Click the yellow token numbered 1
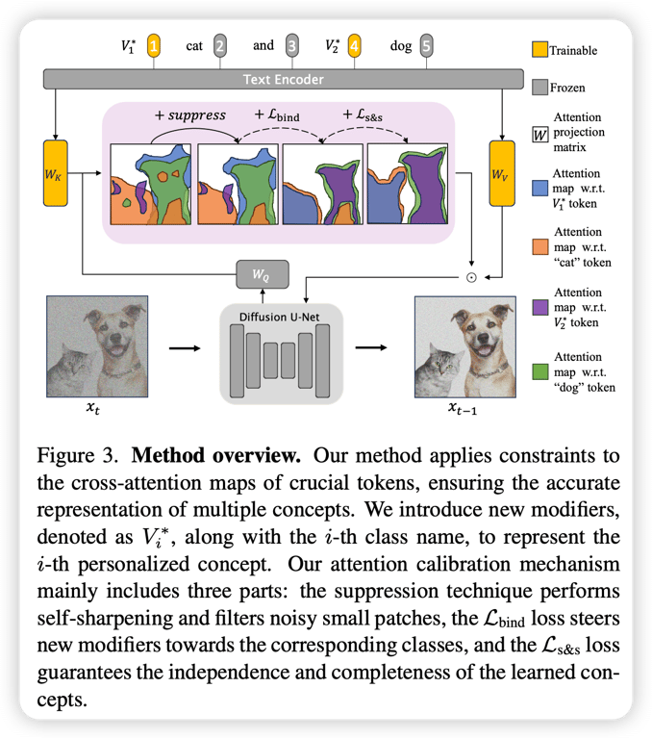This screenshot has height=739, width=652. tap(154, 46)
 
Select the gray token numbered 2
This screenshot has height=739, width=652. tap(220, 46)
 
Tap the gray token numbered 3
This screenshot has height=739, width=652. tap(292, 46)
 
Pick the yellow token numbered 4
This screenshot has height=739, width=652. tap(355, 46)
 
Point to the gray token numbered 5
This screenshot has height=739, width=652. tap(427, 46)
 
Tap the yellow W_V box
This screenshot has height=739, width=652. tap(502, 173)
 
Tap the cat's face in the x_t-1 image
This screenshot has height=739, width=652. tap(438, 364)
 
